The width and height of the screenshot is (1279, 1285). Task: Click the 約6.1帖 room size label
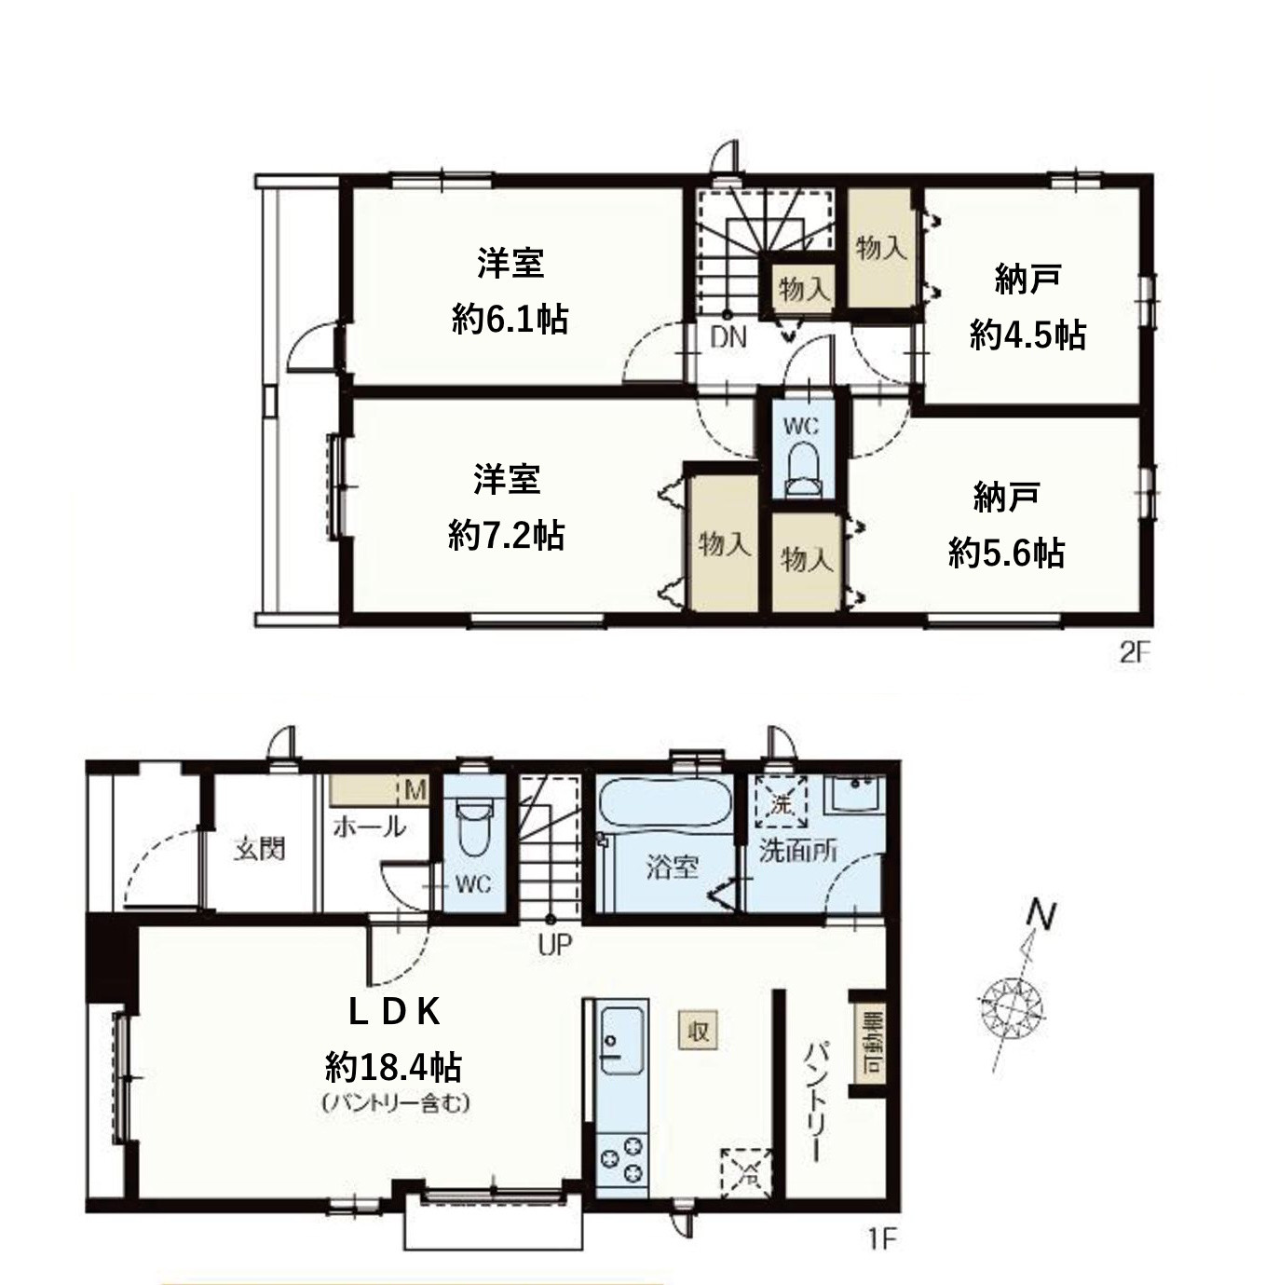(x=510, y=319)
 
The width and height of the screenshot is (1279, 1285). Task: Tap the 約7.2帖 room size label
(x=506, y=535)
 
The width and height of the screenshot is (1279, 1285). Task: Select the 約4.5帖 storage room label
(x=1027, y=335)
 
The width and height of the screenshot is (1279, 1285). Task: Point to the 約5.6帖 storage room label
(x=1006, y=553)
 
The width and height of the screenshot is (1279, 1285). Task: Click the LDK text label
(x=395, y=1013)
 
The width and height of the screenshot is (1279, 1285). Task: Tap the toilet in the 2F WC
(x=802, y=471)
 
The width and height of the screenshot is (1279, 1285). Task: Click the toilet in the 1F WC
(x=473, y=827)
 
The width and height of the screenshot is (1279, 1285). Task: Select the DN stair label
(x=728, y=338)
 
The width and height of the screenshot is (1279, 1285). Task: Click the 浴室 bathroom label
(x=672, y=867)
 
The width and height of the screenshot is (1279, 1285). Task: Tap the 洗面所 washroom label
(x=797, y=851)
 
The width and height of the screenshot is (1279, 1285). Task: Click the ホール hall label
(x=370, y=827)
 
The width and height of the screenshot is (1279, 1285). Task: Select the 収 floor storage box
(x=698, y=1032)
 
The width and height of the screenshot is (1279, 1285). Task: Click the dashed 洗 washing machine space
(x=781, y=803)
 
